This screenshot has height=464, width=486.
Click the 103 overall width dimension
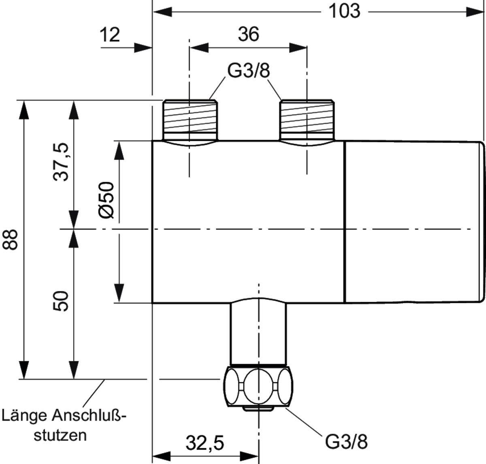(343, 11)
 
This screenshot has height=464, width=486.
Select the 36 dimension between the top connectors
(248, 34)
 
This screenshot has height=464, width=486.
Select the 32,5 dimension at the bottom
(205, 443)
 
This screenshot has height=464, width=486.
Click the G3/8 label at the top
(248, 71)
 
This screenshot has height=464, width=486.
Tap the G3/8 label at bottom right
(346, 442)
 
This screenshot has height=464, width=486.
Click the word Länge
(25, 416)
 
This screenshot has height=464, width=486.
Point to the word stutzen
(60, 435)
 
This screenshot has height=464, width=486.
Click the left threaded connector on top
(190, 120)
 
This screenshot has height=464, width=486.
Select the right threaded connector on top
(307, 120)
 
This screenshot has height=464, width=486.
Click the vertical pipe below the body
(258, 332)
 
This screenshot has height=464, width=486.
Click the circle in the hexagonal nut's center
(258, 385)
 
